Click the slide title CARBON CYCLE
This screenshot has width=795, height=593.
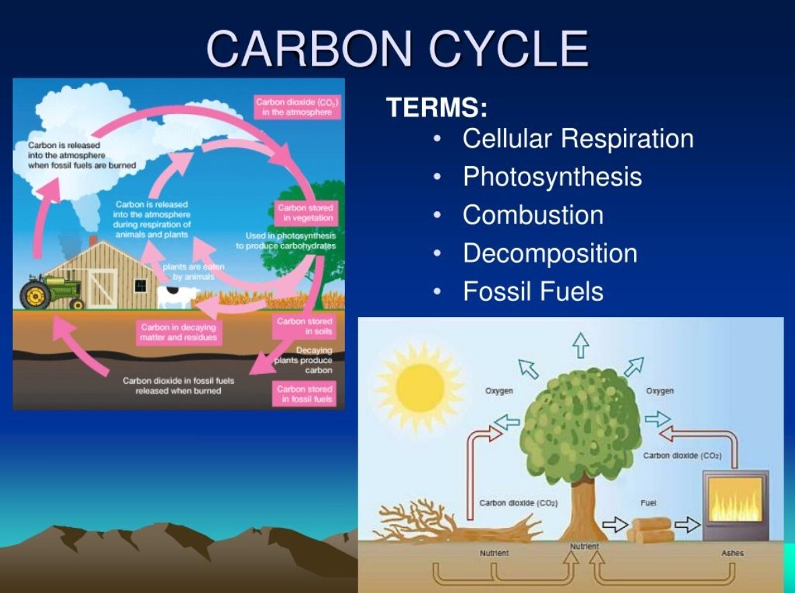point(397,48)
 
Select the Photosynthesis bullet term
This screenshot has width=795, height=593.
point(552,177)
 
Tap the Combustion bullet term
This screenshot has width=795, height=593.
point(533,214)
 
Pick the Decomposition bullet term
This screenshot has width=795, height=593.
point(550,253)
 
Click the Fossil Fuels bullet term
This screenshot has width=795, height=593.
point(533,291)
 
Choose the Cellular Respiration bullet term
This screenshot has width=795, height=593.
point(578,138)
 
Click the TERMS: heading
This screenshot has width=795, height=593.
point(437,107)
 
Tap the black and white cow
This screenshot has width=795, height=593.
point(178,297)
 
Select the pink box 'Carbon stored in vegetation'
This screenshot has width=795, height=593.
point(306,212)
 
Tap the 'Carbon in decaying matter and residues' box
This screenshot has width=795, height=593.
point(178,332)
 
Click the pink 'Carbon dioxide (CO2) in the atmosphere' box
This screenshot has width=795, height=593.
point(298,107)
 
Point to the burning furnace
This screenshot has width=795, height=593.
point(735,505)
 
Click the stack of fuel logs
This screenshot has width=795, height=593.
point(651,530)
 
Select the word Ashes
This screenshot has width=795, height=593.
point(732,553)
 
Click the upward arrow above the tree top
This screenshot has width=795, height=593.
point(581,345)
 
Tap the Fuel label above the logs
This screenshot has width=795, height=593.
point(648,503)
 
